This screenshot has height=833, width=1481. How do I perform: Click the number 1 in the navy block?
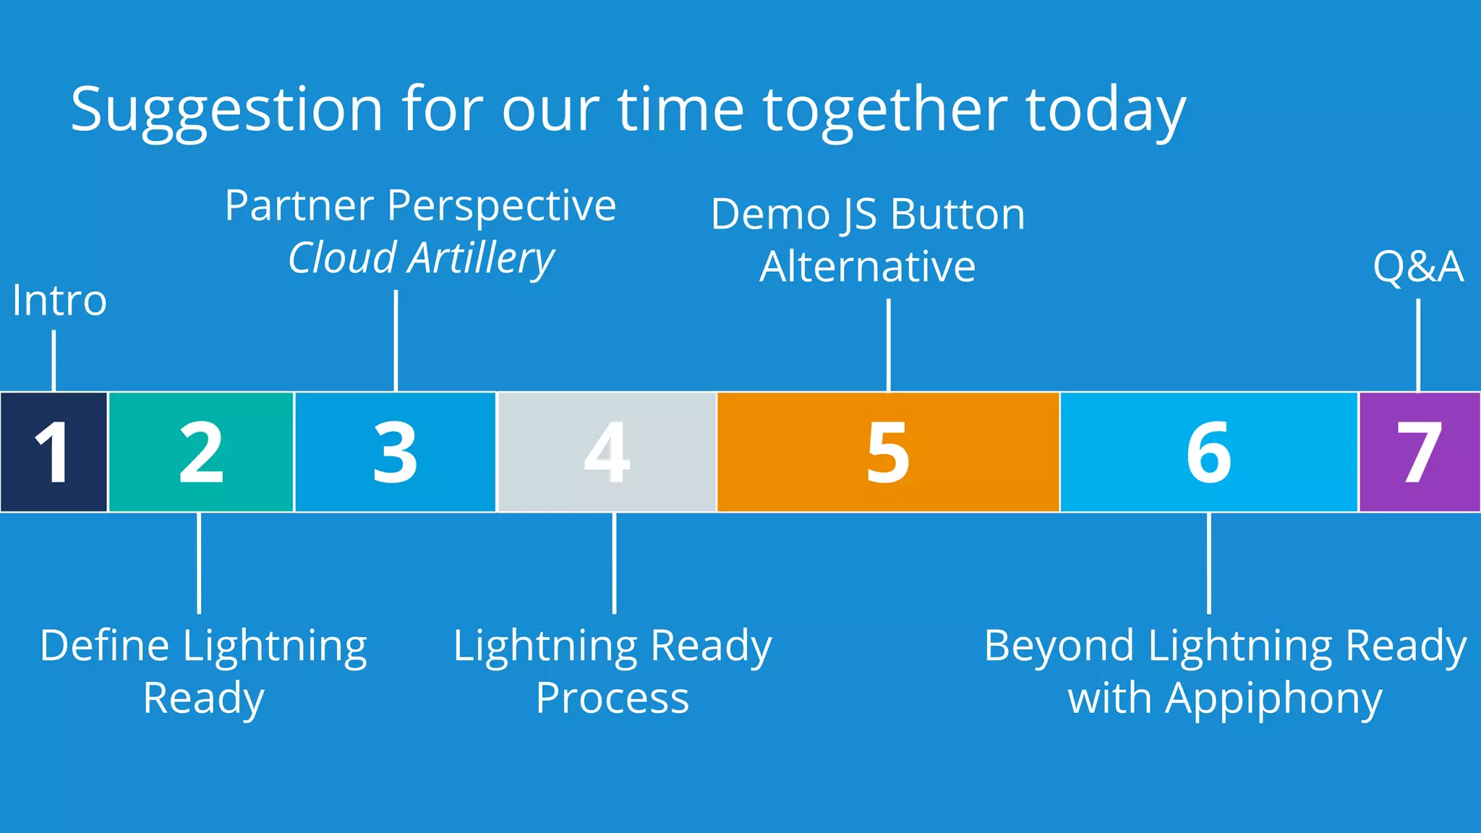coord(53,453)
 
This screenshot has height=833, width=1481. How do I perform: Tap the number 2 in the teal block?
coord(201,453)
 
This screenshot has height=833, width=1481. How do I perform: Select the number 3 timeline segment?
coord(395,453)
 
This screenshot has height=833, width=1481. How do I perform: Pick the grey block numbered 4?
coord(607,453)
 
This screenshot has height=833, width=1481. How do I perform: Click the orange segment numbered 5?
coord(888,453)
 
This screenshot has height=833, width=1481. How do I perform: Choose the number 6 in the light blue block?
coord(1208,453)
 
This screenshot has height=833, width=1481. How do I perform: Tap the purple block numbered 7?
coord(1419,453)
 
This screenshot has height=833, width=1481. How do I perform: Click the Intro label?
coord(59,301)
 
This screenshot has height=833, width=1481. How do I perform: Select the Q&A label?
coord(1418,266)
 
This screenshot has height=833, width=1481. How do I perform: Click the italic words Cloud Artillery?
coord(421,258)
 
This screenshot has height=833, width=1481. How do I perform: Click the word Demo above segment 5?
coord(770,215)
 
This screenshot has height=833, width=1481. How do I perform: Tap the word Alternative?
coord(867,267)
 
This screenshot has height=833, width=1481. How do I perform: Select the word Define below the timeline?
coord(105,646)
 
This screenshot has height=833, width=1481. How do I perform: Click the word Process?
coord(613,699)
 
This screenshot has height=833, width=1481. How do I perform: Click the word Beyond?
coord(1060,646)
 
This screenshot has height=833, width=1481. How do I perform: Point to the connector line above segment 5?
coord(889,345)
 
